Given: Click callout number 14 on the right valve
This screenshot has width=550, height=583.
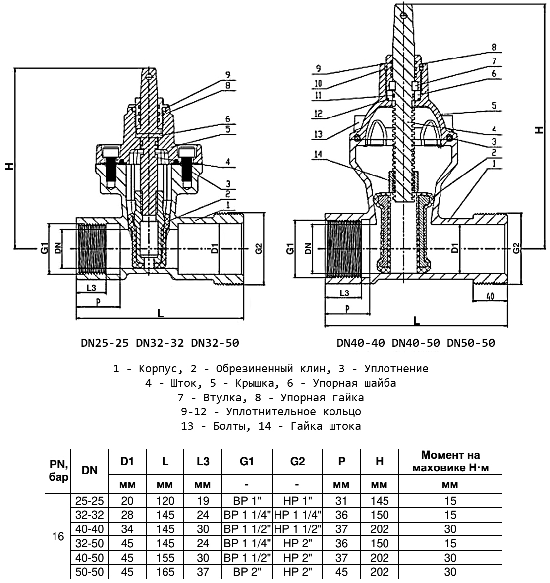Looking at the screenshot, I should [318, 155].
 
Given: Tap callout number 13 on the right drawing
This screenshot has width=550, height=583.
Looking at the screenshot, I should [318, 134].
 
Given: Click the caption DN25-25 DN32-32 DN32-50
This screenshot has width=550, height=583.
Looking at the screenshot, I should [160, 343].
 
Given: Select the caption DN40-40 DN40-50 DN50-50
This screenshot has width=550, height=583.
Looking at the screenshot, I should [415, 343].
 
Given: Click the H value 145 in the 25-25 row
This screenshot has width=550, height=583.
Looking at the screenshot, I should [379, 501].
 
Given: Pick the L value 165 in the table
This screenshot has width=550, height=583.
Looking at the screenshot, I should [165, 572].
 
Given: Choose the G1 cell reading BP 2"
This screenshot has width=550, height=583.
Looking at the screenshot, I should [247, 572].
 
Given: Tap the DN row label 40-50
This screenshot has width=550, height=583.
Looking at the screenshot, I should [89, 558].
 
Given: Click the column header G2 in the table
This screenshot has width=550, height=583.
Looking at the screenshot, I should [297, 461].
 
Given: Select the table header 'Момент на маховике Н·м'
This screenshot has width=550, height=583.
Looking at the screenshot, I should [450, 462].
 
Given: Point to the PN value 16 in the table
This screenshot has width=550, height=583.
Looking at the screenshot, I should [58, 537].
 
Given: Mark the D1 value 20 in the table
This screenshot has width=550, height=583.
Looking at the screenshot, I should [127, 501].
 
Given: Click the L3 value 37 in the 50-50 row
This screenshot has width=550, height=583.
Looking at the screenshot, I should [202, 572].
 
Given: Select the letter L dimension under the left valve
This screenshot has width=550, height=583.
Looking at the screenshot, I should [160, 313].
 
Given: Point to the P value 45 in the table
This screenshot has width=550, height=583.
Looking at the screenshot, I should [341, 572].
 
